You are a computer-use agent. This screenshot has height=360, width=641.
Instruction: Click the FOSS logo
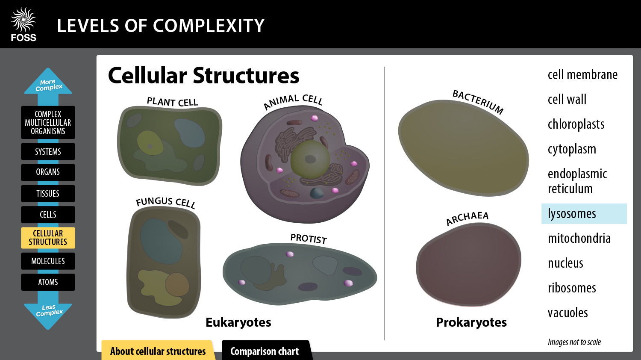tap(24, 25)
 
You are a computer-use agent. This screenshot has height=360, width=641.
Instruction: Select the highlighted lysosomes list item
tap(583, 214)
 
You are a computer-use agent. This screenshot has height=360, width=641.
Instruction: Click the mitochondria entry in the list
tap(579, 238)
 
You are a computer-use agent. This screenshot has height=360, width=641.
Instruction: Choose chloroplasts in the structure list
tap(576, 124)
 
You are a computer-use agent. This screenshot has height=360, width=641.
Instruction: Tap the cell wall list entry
tap(567, 100)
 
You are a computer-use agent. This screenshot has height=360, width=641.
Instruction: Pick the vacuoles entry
tap(567, 313)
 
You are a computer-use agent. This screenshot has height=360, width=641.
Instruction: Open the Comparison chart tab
tap(265, 351)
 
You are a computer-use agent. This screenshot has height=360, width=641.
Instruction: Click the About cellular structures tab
tap(158, 351)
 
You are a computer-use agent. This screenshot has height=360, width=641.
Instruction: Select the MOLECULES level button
tap(48, 261)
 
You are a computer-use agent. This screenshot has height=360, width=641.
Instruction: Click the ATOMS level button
tap(48, 282)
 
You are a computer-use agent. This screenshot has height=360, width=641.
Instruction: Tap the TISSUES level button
tap(48, 194)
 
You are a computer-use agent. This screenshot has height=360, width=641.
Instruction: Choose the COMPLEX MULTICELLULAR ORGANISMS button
tap(48, 123)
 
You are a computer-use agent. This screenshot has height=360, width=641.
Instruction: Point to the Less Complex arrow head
tap(48, 312)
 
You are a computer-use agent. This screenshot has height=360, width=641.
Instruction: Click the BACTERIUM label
tap(478, 101)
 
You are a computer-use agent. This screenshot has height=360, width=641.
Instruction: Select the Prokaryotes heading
tap(471, 322)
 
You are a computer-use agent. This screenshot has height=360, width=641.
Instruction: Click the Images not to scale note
tap(574, 342)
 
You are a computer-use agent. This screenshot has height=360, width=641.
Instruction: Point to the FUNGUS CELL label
tap(165, 202)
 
